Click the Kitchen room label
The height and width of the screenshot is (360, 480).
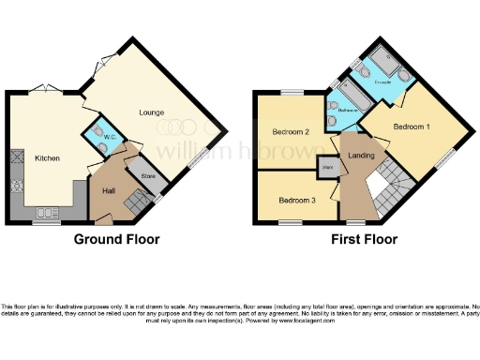[48, 158]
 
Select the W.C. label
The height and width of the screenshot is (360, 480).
[109, 138]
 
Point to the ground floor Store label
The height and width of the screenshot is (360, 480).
[147, 175]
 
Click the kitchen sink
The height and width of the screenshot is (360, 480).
[45, 215]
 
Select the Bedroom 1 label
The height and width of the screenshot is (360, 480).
[411, 126]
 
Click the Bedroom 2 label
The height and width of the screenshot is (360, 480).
[292, 132]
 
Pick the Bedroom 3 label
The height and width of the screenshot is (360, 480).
[296, 200]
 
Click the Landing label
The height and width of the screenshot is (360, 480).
[362, 155]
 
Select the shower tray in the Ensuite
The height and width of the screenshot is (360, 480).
[384, 63]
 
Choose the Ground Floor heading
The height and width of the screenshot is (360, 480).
[116, 240]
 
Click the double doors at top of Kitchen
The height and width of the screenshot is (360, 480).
[44, 89]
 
